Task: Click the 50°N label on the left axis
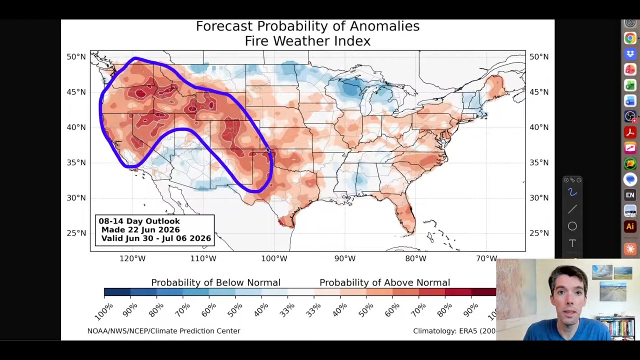[x=76, y=57]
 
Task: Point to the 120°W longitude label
[x=132, y=258]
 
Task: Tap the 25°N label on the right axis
[x=539, y=233]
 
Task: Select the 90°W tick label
[x=345, y=258]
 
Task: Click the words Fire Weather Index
[x=307, y=41]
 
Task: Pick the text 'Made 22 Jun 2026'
[x=140, y=229]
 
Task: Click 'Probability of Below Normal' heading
[x=215, y=282]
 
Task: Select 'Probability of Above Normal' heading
[x=384, y=282]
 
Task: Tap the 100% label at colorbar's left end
[x=103, y=311]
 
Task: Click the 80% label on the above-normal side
[x=445, y=310]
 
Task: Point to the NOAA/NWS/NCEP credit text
[x=163, y=331]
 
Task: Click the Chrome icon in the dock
[x=630, y=38]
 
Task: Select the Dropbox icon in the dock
[x=630, y=53]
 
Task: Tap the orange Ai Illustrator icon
[x=630, y=226]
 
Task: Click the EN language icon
[x=630, y=195]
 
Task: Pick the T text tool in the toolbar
[x=572, y=243]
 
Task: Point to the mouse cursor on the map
[x=268, y=150]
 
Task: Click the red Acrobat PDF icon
[x=630, y=132]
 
